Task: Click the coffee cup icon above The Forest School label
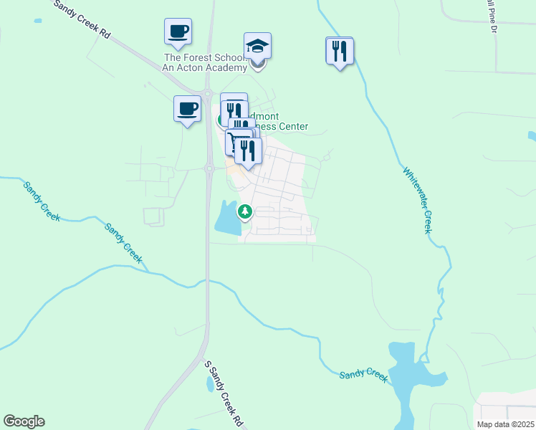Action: click(178, 32)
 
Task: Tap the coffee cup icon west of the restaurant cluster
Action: click(187, 109)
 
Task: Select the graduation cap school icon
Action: click(257, 47)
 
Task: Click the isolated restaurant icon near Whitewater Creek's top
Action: click(340, 51)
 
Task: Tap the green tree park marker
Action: click(245, 211)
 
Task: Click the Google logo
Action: click(24, 421)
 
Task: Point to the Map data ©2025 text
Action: click(505, 424)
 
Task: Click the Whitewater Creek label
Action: click(417, 201)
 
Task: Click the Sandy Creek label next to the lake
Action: click(363, 374)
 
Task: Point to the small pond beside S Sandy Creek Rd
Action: click(210, 384)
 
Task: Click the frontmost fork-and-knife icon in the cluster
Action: click(248, 150)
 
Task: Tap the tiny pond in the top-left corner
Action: click(37, 21)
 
